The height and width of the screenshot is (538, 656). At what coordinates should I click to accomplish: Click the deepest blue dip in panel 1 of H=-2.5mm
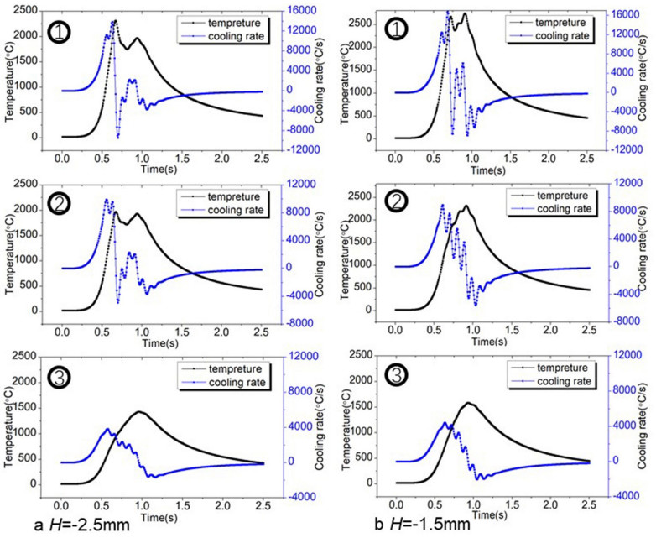click(x=118, y=137)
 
